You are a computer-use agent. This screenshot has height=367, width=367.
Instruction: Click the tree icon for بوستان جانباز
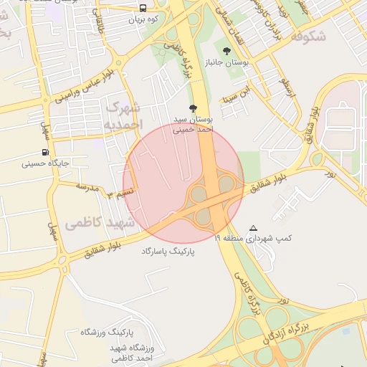click(x=227, y=51)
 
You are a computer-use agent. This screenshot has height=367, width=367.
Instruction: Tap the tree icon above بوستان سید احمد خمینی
click(x=191, y=108)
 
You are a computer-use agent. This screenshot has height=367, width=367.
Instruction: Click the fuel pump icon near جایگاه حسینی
click(x=46, y=152)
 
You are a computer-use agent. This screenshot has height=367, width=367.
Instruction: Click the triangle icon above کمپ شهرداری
click(x=252, y=228)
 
